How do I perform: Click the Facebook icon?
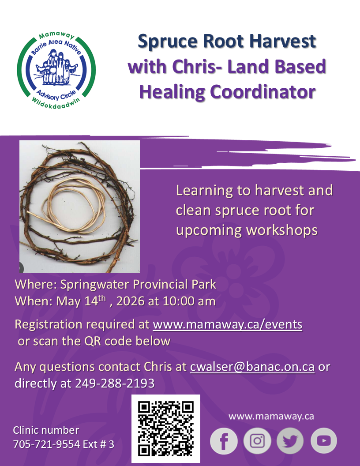[x=224, y=441]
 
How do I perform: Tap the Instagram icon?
[x=257, y=441]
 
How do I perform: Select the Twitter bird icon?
[x=290, y=441]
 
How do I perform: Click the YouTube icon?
[x=324, y=441]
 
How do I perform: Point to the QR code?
[x=166, y=428]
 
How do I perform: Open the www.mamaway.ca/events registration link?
[x=228, y=324]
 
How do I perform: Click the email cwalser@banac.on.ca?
[x=252, y=367]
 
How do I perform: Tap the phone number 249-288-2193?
[x=115, y=383]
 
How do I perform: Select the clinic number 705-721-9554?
[x=46, y=444]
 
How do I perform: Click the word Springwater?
[x=94, y=285]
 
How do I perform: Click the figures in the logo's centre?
[x=56, y=68]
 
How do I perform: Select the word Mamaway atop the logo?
[x=56, y=36]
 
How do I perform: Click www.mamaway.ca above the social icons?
[x=271, y=416]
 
